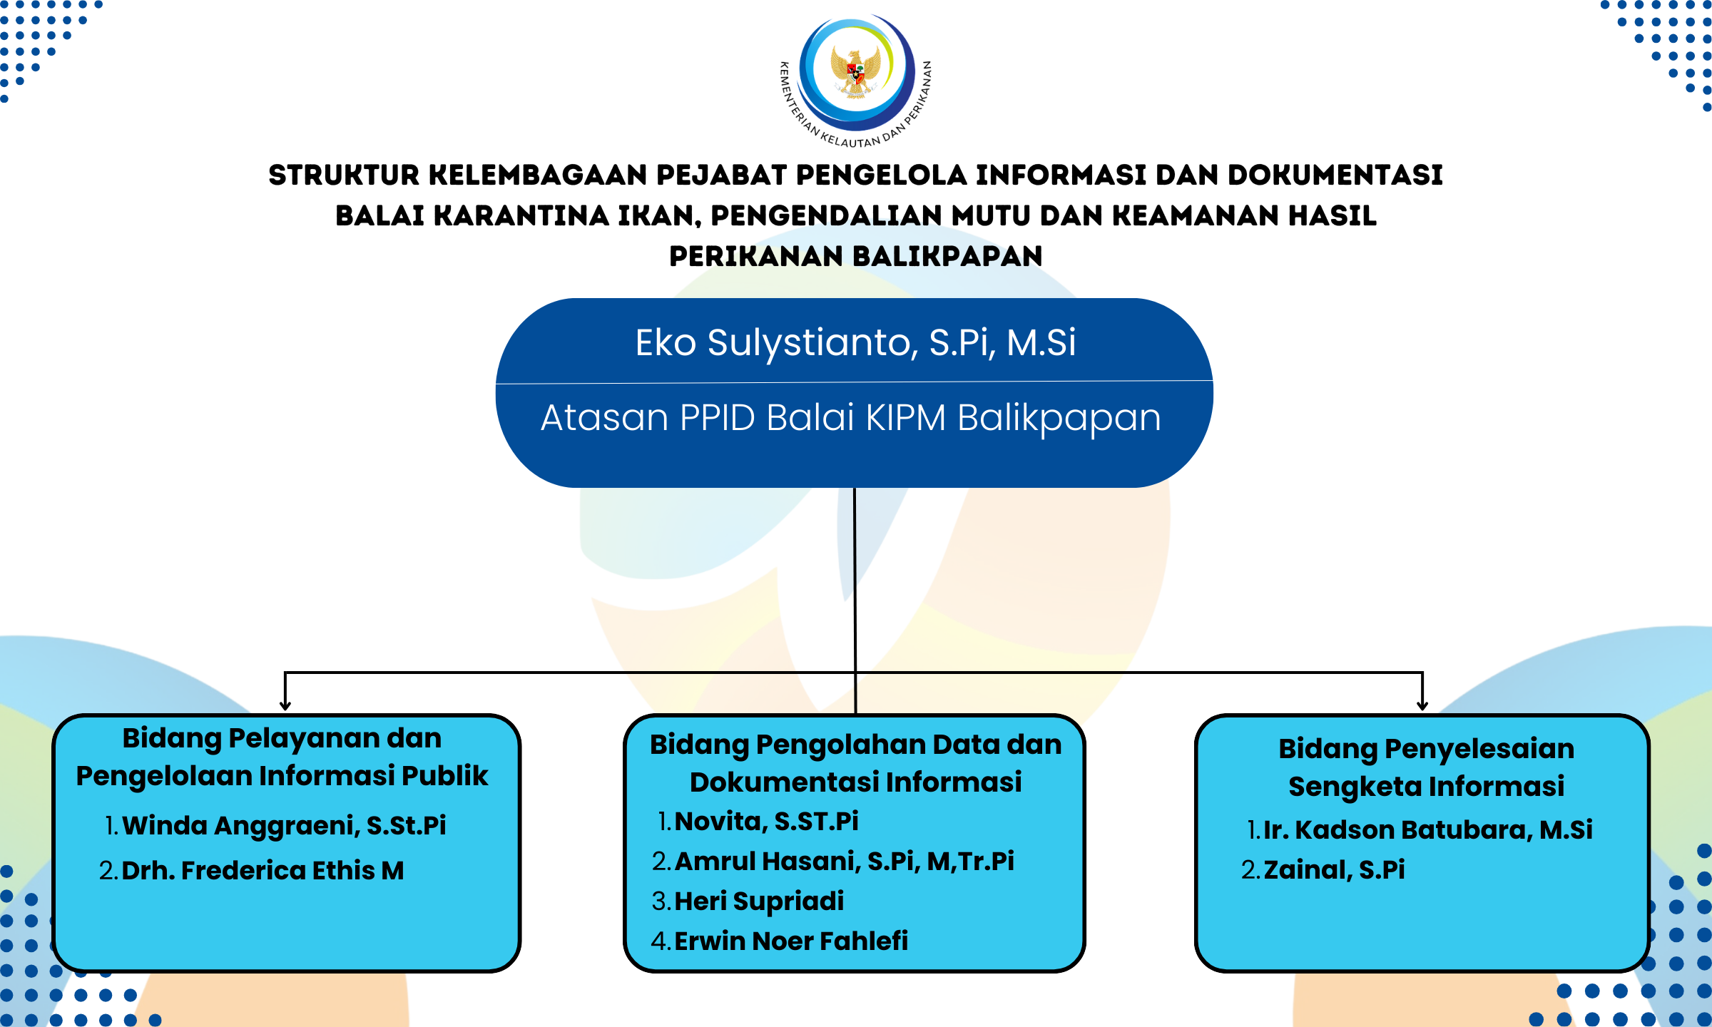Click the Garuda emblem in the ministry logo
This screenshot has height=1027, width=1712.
pos(856,71)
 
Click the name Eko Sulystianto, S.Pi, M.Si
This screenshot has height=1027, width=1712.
pos(855,343)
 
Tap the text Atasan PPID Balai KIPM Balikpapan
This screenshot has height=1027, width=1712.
pos(851,418)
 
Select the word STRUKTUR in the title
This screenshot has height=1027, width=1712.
pos(344,175)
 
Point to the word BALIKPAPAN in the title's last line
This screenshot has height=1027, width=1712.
pos(947,257)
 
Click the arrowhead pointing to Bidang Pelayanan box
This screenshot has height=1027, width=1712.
pos(285,705)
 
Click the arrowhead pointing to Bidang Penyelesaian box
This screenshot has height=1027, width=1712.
pos(1422,705)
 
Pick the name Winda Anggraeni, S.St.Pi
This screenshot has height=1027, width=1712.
pos(284,826)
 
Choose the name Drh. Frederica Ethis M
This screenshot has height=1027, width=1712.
pos(263,871)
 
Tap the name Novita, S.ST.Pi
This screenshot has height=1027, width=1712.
pos(766,822)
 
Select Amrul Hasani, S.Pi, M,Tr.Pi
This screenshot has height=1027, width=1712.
pos(844,862)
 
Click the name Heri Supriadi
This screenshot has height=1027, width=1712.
pos(759,901)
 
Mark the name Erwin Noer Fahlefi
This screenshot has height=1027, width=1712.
pos(791,941)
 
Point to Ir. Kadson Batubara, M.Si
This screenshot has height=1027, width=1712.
pos(1427,830)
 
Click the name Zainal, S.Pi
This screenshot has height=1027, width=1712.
pos(1334,870)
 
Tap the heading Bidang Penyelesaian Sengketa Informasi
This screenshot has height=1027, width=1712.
pos(1427,767)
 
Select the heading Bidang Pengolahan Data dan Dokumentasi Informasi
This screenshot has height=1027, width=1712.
pos(856,763)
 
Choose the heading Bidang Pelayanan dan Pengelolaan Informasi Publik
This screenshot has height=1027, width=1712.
pos(282,757)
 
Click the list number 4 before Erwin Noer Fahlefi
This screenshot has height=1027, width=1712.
pos(660,941)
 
